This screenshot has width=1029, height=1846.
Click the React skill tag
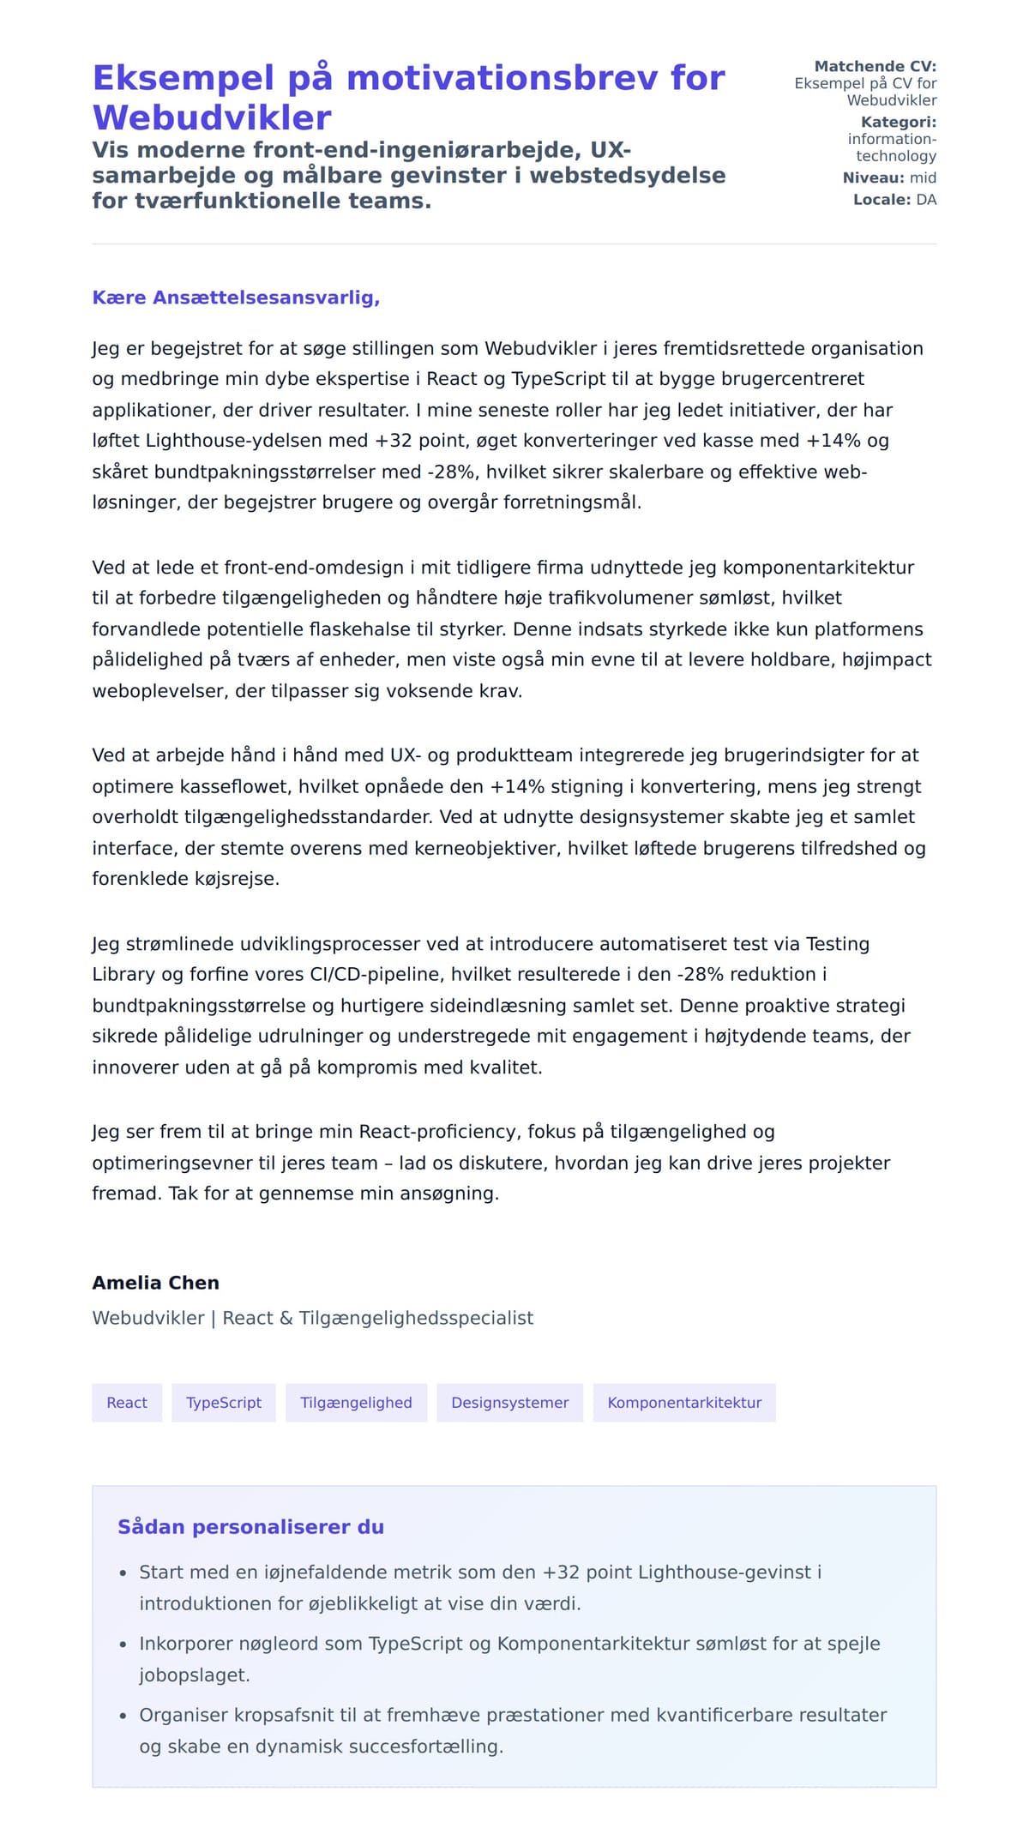coord(127,1403)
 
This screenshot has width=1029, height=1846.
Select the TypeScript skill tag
coord(224,1403)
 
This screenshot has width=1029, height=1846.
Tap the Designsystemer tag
coord(510,1403)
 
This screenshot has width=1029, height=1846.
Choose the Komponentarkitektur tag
coord(684,1403)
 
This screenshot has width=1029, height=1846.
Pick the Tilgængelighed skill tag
coord(356,1403)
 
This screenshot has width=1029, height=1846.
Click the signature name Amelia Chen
coord(155,1283)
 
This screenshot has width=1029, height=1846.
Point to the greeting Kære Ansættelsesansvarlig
coord(236,298)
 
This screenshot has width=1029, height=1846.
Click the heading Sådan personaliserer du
coord(250,1527)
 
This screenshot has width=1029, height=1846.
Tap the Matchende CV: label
coord(875,66)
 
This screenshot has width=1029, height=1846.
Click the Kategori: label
coord(898,122)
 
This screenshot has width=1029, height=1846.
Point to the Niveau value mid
coord(923,177)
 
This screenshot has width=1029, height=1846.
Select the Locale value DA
coord(926,200)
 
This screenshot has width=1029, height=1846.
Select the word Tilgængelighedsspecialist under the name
coord(416,1318)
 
